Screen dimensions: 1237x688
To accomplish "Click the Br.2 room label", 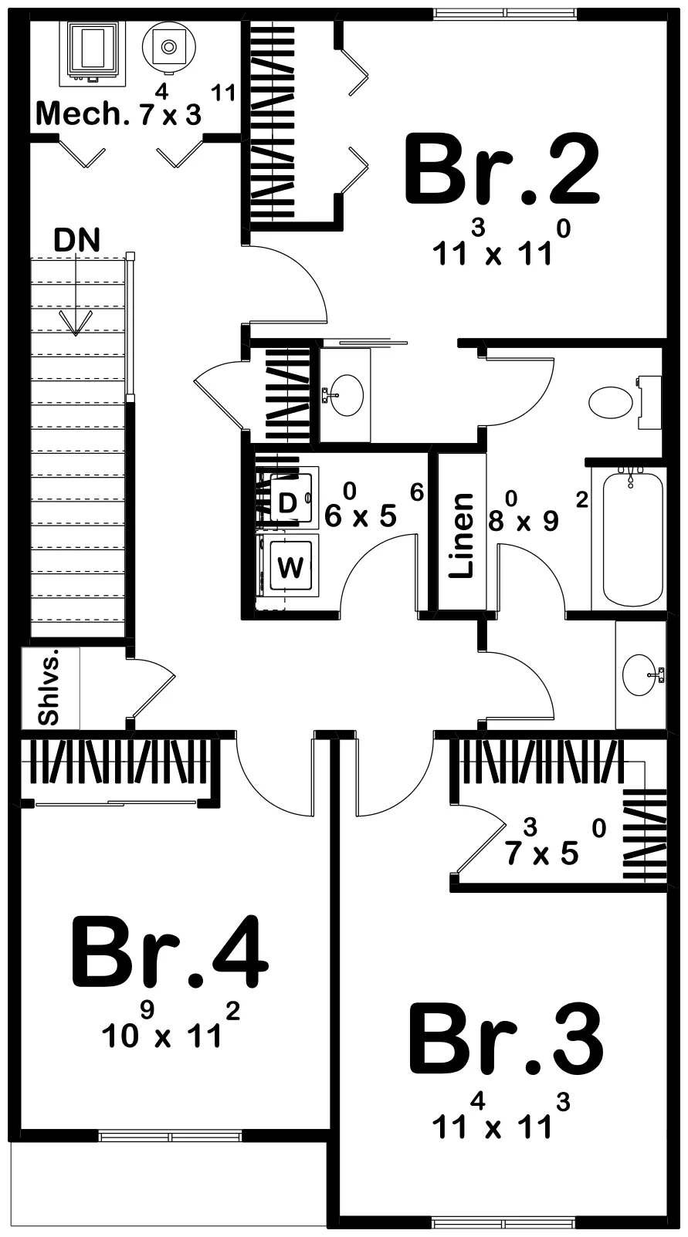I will [x=502, y=170].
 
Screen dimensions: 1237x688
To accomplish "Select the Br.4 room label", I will [x=170, y=953].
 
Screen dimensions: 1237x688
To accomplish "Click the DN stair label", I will [x=77, y=240].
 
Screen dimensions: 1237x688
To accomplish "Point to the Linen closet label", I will [x=462, y=535].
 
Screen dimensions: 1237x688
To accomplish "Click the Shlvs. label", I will [x=49, y=688].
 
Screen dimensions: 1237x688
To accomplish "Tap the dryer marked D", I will [x=288, y=503].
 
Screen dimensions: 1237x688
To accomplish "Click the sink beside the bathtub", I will [x=640, y=675].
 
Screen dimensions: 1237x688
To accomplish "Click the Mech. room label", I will [x=81, y=115].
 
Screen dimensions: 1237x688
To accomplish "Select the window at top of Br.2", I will [x=507, y=13].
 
